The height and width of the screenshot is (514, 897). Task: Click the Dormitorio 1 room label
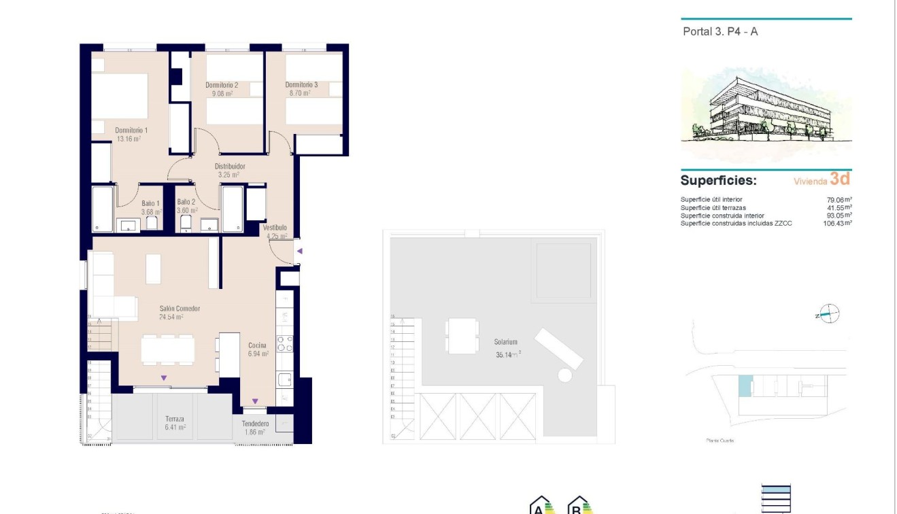(x=131, y=130)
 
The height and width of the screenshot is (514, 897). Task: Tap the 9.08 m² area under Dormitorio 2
(x=221, y=94)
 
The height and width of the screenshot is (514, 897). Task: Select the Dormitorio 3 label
(x=301, y=85)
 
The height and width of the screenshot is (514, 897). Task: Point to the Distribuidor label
(x=230, y=166)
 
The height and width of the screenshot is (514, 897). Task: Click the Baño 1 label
(x=150, y=203)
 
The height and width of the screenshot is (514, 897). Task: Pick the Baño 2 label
(x=186, y=202)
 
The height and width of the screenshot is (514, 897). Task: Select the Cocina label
(x=258, y=345)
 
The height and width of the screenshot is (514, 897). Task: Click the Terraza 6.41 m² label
(x=175, y=424)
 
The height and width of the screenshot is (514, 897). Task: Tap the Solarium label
(x=506, y=342)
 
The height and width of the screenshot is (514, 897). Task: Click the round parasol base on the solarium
(x=564, y=375)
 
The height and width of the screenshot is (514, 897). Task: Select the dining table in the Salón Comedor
(x=167, y=349)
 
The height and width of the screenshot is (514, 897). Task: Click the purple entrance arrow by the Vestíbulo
(x=299, y=252)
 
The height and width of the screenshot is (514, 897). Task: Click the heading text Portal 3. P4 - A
(x=720, y=31)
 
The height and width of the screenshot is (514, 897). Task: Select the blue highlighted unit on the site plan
(x=745, y=386)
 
